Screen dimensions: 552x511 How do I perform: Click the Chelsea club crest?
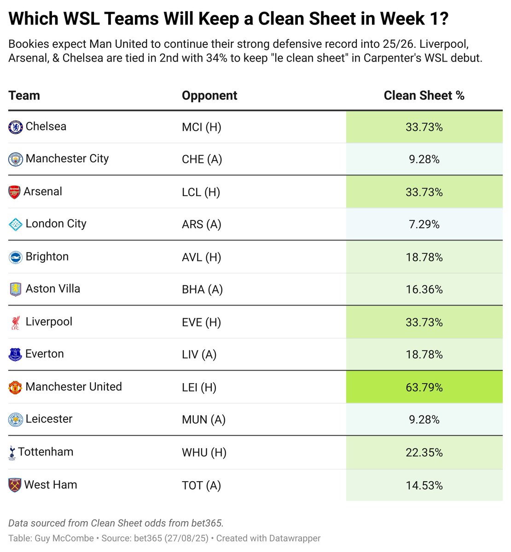point(16,127)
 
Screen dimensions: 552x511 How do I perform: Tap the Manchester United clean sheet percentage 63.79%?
point(424,387)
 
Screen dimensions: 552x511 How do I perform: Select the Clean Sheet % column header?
point(424,96)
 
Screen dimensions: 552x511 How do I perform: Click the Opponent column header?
point(209,96)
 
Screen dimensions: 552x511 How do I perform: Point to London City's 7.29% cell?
point(424,224)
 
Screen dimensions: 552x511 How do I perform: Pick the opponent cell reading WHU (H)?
point(204,453)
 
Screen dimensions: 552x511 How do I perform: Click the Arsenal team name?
point(43,192)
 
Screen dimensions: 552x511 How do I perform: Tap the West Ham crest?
point(15,485)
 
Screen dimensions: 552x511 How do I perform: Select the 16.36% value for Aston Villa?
point(424,290)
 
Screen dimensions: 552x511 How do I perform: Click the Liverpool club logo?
point(15,322)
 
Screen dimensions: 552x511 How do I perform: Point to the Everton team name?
point(45,354)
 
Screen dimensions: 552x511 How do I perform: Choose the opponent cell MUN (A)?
point(203,420)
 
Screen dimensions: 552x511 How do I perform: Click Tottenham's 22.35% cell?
point(424,453)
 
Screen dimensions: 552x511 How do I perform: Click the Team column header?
point(24,96)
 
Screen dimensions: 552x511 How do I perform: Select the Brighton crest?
point(16,257)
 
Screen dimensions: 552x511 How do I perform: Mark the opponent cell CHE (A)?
point(202,160)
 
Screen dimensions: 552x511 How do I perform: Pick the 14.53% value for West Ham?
point(424,486)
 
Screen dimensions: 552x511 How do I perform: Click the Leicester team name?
point(49,419)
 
